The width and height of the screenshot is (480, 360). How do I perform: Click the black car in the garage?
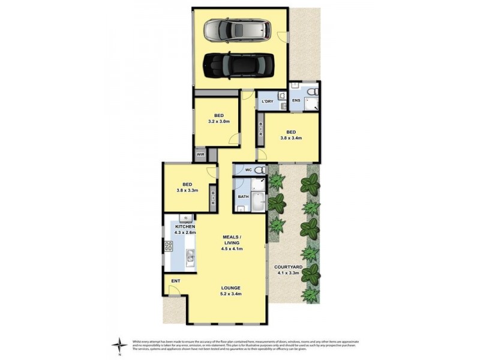238,64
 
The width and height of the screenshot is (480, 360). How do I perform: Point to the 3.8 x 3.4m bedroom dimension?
291,138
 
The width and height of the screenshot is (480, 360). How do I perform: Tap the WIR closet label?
200,155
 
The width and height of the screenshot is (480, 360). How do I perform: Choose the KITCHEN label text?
185,226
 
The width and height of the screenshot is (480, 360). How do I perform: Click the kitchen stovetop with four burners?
169,246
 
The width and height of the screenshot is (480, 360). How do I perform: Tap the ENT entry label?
175,281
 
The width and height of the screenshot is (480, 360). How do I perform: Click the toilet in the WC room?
260,170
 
